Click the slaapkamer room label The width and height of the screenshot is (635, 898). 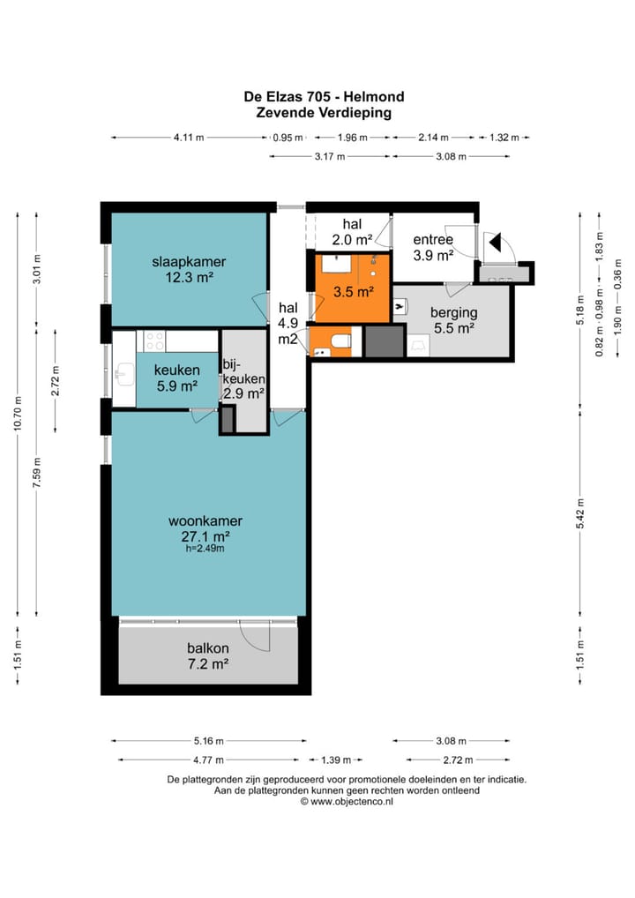(189, 262)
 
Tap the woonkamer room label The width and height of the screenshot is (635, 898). (205, 521)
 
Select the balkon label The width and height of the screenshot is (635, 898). (208, 648)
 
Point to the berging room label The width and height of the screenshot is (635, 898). (454, 312)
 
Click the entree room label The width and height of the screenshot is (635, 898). (433, 239)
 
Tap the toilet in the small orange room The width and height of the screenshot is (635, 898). (342, 342)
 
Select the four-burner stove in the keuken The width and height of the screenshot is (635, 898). (154, 340)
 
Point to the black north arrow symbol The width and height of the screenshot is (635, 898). (496, 243)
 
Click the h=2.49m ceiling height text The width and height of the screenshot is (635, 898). (205, 549)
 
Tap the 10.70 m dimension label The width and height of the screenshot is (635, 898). (19, 414)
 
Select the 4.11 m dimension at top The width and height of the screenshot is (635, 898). (189, 138)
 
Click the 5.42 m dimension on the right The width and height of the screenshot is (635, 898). (580, 513)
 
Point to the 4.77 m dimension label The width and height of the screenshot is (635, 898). (208, 760)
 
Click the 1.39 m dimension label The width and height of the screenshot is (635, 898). (336, 760)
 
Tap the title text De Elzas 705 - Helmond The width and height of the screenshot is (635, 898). (324, 96)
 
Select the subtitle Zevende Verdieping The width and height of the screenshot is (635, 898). (324, 112)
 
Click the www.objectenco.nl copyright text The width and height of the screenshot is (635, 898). (347, 802)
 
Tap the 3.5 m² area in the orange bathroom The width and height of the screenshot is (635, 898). (354, 291)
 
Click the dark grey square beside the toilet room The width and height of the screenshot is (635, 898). (384, 341)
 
